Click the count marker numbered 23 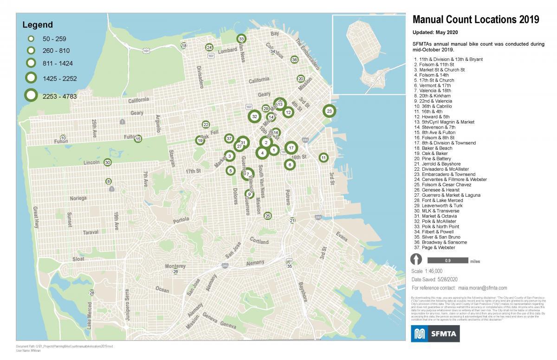[x=329, y=111]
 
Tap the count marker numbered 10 [x=63, y=138]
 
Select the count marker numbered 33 [x=241, y=39]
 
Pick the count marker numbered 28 [x=92, y=293]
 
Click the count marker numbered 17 [x=291, y=148]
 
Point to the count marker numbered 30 [x=107, y=162]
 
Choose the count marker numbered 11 [x=323, y=158]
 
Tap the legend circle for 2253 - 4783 [x=31, y=96]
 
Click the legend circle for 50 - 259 [x=31, y=38]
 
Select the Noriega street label [x=78, y=198]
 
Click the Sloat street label [x=78, y=259]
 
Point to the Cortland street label [x=259, y=242]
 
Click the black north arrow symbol [x=416, y=260]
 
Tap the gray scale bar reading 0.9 [x=448, y=260]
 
